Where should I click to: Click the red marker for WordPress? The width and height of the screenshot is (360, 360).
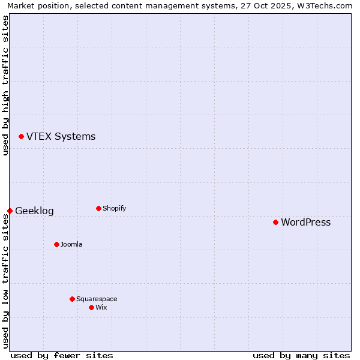tap(275, 222)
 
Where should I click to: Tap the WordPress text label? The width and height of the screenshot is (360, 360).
tap(305, 223)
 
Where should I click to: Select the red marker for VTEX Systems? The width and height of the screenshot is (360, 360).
tap(21, 137)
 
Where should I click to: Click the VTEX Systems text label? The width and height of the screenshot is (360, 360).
tap(61, 137)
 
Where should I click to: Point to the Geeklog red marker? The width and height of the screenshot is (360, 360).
tap(10, 211)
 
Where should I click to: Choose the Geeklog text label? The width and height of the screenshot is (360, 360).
tap(34, 211)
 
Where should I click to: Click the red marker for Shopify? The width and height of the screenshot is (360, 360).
tap(98, 208)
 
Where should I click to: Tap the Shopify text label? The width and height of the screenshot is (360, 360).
tap(114, 209)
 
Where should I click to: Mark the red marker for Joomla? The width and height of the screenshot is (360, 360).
tap(56, 244)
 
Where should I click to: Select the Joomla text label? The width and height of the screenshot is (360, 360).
tap(71, 245)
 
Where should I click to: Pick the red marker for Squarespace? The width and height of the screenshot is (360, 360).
tap(72, 299)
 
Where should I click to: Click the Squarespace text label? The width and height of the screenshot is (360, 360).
tap(97, 299)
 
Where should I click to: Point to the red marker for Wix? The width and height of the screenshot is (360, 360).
tap(91, 307)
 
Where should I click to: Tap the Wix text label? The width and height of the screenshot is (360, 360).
tap(101, 308)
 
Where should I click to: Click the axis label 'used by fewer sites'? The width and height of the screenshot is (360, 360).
tap(62, 355)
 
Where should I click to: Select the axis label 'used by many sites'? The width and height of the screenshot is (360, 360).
tap(301, 355)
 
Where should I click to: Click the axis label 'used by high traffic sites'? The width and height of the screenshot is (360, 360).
tap(5, 85)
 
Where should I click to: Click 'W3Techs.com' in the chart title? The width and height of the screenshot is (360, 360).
tap(325, 5)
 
